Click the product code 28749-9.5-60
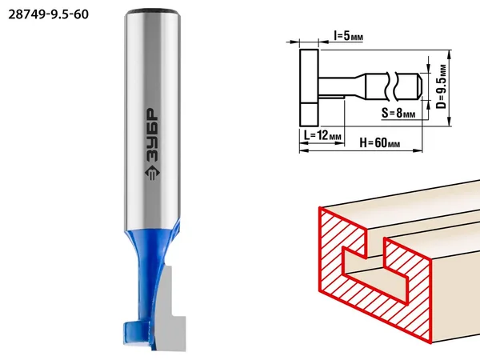48,14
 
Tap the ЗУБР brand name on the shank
152,135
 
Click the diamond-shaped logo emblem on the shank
152,174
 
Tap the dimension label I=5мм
348,36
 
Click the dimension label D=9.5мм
441,86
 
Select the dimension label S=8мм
398,114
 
